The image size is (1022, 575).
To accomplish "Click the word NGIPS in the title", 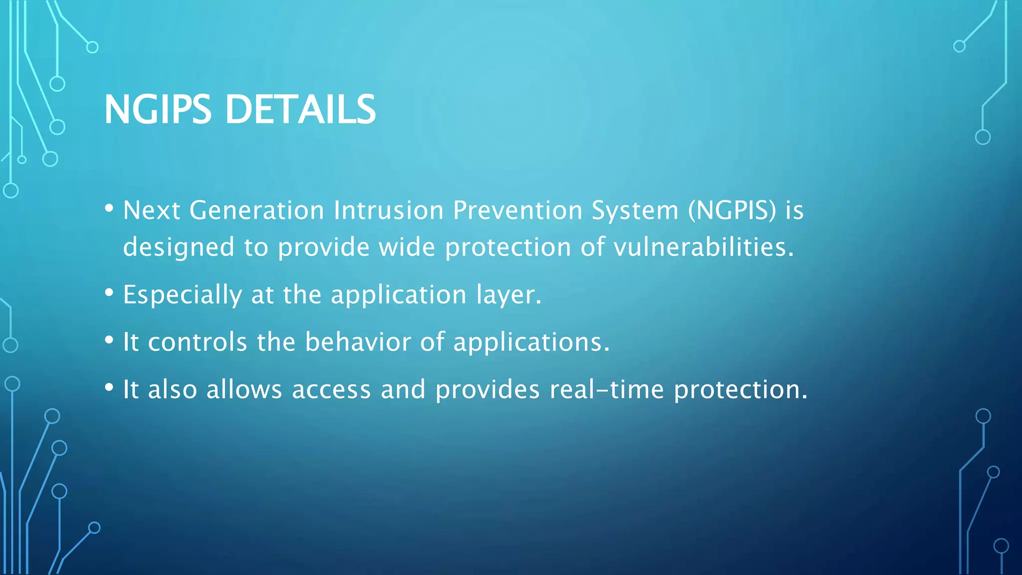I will (157, 109).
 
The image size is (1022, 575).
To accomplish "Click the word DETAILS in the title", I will (300, 109).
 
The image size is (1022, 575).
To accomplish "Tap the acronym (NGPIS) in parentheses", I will (732, 210).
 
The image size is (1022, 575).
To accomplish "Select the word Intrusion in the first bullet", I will (388, 210).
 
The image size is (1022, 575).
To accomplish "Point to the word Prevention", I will (517, 210).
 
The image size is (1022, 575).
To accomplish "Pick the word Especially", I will (182, 294).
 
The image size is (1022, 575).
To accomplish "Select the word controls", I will (197, 342).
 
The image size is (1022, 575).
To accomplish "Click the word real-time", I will (607, 389).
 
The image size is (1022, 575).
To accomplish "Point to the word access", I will (331, 389).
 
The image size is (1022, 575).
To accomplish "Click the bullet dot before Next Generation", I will (109, 208).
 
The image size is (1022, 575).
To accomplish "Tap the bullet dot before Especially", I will (109, 292).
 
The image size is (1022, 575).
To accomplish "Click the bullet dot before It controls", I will (109, 340).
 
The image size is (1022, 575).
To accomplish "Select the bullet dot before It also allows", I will (109, 387).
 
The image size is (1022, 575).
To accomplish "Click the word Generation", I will (256, 210).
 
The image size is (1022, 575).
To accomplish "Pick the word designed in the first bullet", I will (179, 247).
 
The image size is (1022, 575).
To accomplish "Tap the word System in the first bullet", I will (635, 210).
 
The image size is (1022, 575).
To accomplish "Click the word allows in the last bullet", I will (244, 389).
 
